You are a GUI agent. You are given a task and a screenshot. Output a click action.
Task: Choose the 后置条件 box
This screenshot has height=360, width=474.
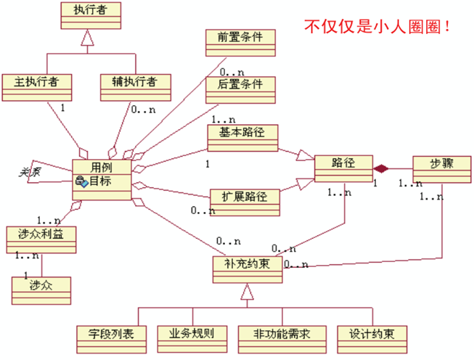pos(240,89)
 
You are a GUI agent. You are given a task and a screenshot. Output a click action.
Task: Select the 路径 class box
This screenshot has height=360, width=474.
pos(343,168)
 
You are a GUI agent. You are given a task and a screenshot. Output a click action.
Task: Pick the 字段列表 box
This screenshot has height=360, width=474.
pos(111,337)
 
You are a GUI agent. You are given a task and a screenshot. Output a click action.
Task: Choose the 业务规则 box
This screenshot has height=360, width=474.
pos(191,337)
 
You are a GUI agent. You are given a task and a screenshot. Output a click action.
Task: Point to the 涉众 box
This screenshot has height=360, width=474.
pos(41,288)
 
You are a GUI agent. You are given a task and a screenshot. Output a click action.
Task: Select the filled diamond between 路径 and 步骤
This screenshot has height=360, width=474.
pos(381,168)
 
